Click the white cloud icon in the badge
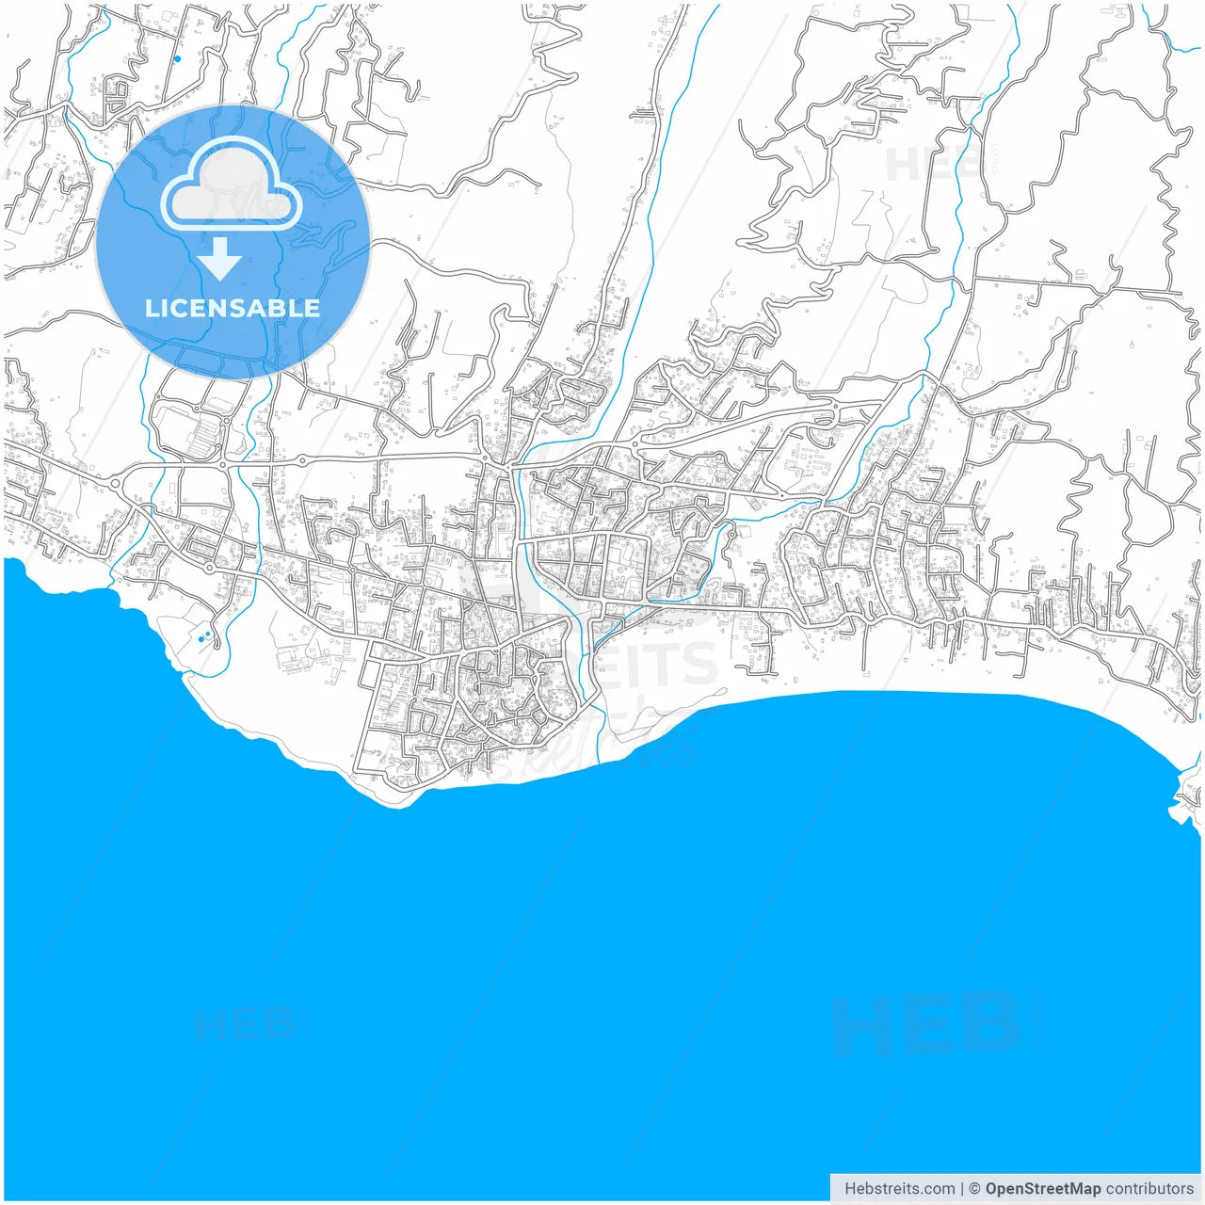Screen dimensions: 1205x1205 coord(232,185)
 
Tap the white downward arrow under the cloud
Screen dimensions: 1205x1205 coord(220,259)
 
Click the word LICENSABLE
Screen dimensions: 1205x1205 coord(233,308)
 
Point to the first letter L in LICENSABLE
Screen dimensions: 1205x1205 coord(151,308)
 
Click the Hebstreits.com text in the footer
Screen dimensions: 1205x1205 coord(899,1189)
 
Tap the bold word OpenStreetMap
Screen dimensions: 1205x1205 coord(1043,1189)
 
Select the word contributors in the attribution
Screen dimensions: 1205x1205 coord(1149,1189)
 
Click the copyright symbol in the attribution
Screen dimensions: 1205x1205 coord(975,1189)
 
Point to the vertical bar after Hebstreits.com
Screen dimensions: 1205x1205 coord(962,1189)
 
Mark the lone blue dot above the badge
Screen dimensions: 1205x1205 coord(177,58)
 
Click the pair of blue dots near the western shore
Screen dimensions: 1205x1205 coord(204,637)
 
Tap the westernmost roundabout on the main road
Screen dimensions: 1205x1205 coord(115,484)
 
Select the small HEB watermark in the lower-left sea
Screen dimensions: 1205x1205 coord(245,1024)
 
